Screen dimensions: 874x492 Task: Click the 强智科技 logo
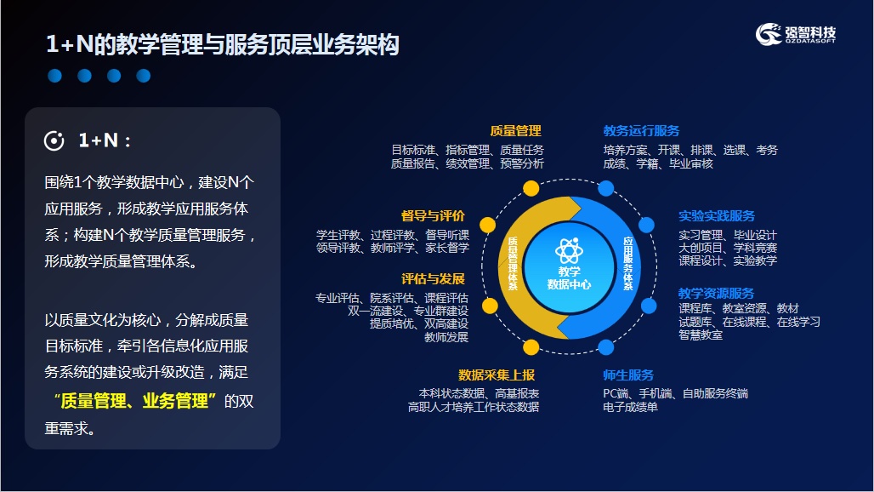click(x=796, y=34)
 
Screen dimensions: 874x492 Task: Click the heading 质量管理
click(x=515, y=130)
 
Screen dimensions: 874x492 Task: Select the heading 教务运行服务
click(x=641, y=130)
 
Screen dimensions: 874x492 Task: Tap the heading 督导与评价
click(x=433, y=216)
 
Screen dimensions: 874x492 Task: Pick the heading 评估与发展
click(x=433, y=279)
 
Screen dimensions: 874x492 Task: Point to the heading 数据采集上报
click(x=496, y=375)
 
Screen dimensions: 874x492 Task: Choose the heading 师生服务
click(x=628, y=375)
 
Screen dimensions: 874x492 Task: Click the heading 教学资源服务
click(x=716, y=293)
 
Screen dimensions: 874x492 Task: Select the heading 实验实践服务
click(x=716, y=216)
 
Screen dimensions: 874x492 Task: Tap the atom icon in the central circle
click(x=569, y=250)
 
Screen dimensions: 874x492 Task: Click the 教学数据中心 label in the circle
click(x=569, y=277)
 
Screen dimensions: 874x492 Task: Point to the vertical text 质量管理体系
click(x=513, y=263)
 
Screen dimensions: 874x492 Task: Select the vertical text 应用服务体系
click(x=627, y=263)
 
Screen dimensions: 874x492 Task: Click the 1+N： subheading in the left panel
click(x=105, y=140)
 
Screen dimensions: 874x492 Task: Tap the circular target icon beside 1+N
click(x=54, y=140)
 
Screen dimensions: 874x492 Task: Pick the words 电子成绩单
click(x=630, y=407)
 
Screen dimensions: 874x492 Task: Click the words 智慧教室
click(x=701, y=335)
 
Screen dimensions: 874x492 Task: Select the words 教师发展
click(x=446, y=337)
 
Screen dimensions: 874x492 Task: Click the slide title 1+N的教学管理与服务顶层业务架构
click(x=223, y=44)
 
